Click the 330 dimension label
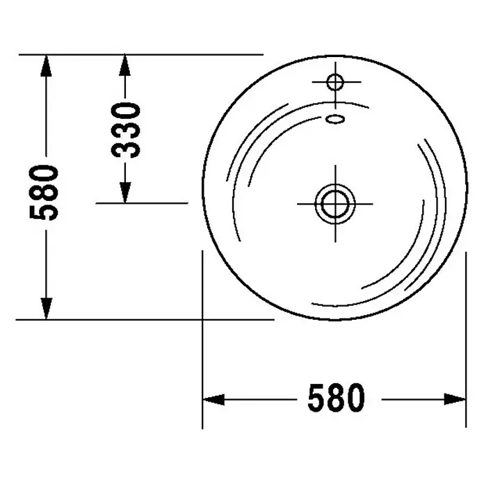(126, 131)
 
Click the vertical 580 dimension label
(44, 193)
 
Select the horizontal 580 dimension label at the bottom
(336, 398)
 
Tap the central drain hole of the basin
(335, 204)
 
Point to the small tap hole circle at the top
(335, 82)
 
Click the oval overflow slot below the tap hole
(335, 119)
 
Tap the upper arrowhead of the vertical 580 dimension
(46, 65)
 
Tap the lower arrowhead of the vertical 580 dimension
(46, 309)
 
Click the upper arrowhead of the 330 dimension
(124, 65)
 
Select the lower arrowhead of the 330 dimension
(124, 193)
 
